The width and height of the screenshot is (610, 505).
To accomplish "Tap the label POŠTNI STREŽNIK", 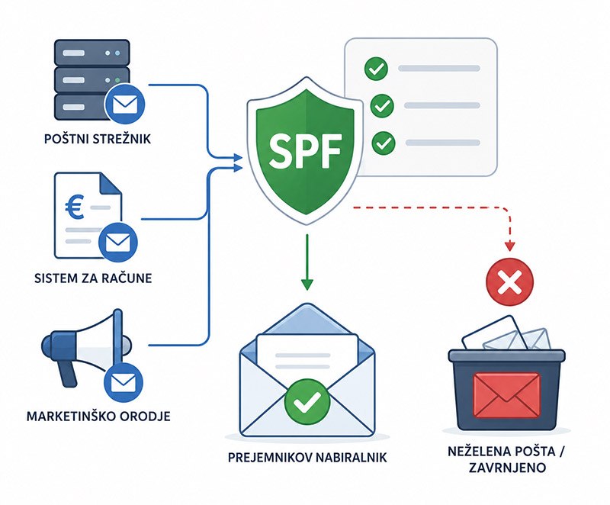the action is (98, 139).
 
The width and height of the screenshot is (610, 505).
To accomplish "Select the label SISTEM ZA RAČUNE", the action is (93, 278).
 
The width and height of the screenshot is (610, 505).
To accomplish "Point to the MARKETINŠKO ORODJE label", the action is (98, 416).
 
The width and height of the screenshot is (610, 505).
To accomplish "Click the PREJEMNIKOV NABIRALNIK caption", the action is (307, 457).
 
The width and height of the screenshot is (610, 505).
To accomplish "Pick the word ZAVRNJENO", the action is (507, 468).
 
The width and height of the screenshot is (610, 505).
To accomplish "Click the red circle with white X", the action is (510, 281).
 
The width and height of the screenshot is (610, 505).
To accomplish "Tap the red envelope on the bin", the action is (506, 394).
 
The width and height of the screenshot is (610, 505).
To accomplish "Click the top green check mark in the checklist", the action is (376, 69).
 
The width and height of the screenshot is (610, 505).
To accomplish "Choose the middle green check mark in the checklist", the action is (382, 105).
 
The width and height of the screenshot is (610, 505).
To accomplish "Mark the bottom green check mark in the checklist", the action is (384, 143).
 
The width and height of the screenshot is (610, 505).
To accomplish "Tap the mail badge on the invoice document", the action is (118, 243).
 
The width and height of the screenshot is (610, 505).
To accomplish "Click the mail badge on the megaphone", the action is (124, 382).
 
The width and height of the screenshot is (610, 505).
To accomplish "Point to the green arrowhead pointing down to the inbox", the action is (307, 285).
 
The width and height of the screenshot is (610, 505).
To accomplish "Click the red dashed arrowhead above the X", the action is (509, 246).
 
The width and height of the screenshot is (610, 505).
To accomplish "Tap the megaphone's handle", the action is (67, 375).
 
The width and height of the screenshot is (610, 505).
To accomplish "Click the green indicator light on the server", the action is (117, 81).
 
